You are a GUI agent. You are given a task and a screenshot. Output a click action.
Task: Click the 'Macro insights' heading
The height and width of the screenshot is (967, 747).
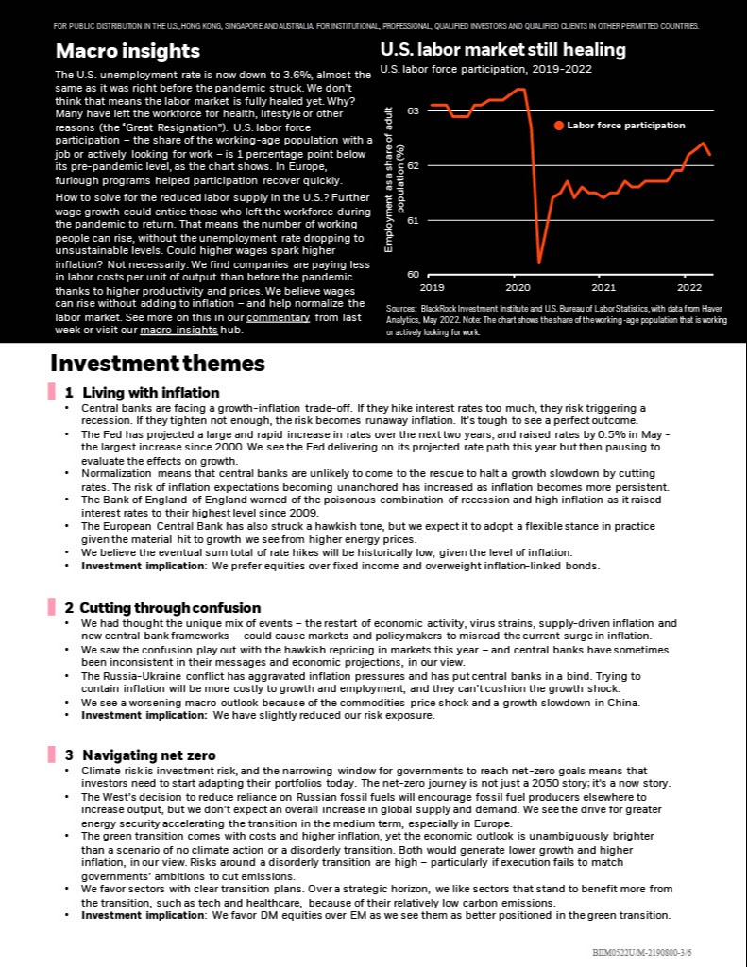coord(127,50)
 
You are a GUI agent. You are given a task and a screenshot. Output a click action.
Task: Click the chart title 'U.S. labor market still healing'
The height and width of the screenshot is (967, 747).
coord(502,49)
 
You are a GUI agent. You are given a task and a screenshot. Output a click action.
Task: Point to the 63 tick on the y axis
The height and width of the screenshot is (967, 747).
coord(413,111)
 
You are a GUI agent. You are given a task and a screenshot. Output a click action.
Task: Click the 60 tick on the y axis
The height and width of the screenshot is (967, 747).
coord(413,275)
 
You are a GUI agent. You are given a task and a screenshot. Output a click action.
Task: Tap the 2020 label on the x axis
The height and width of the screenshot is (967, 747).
coord(518,286)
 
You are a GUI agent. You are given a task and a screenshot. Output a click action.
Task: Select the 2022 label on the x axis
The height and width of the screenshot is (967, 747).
coord(689,286)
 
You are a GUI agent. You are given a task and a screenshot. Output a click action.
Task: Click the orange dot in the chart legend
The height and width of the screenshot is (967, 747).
coord(558,126)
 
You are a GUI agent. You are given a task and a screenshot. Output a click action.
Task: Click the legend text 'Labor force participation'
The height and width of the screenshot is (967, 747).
coord(625,126)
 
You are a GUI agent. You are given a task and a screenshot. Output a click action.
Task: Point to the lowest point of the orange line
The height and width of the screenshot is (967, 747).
coord(539,263)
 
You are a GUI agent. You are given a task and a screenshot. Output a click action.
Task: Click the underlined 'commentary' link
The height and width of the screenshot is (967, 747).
coord(278,318)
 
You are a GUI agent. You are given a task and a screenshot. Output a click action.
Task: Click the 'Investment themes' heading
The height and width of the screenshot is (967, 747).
coord(157,364)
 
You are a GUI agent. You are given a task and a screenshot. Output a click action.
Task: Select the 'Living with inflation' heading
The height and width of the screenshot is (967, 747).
coord(151,393)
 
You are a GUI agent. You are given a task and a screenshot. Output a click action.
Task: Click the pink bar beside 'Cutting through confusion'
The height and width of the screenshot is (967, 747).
coord(52,608)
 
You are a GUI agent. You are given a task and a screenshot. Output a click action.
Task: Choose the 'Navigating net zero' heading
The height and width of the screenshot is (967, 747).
coord(148,755)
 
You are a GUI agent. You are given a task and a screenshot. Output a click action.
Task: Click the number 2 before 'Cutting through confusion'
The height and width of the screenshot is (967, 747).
coord(69,608)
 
